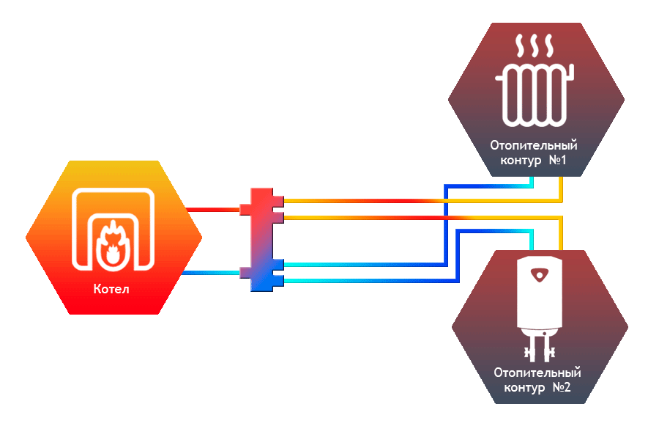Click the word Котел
pos(111,289)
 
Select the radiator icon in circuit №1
pos(536,94)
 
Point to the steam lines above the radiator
pos(535,48)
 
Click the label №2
pos(562,387)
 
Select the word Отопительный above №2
pos(537,373)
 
